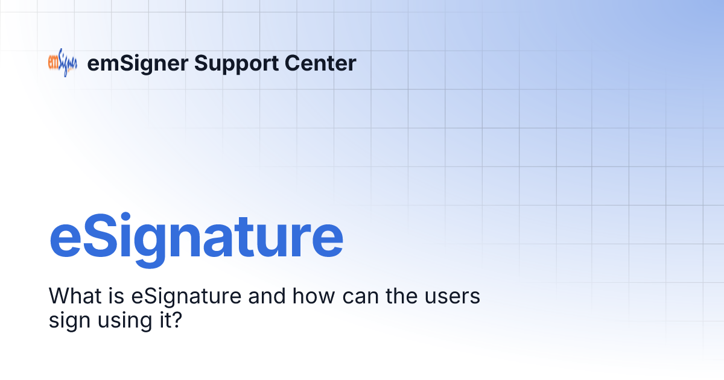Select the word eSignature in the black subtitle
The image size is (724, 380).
176,297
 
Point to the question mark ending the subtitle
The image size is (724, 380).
177,320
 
